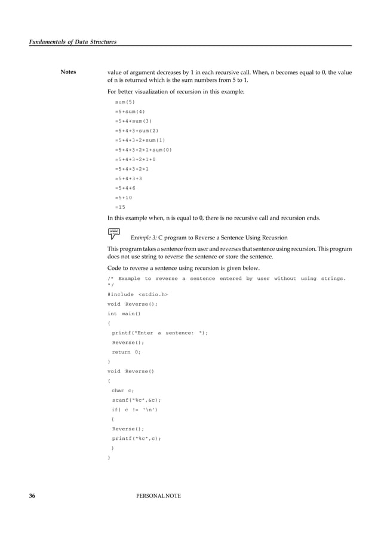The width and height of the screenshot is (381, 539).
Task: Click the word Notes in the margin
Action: [x=68, y=72]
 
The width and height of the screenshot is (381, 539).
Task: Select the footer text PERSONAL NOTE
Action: [x=158, y=496]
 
